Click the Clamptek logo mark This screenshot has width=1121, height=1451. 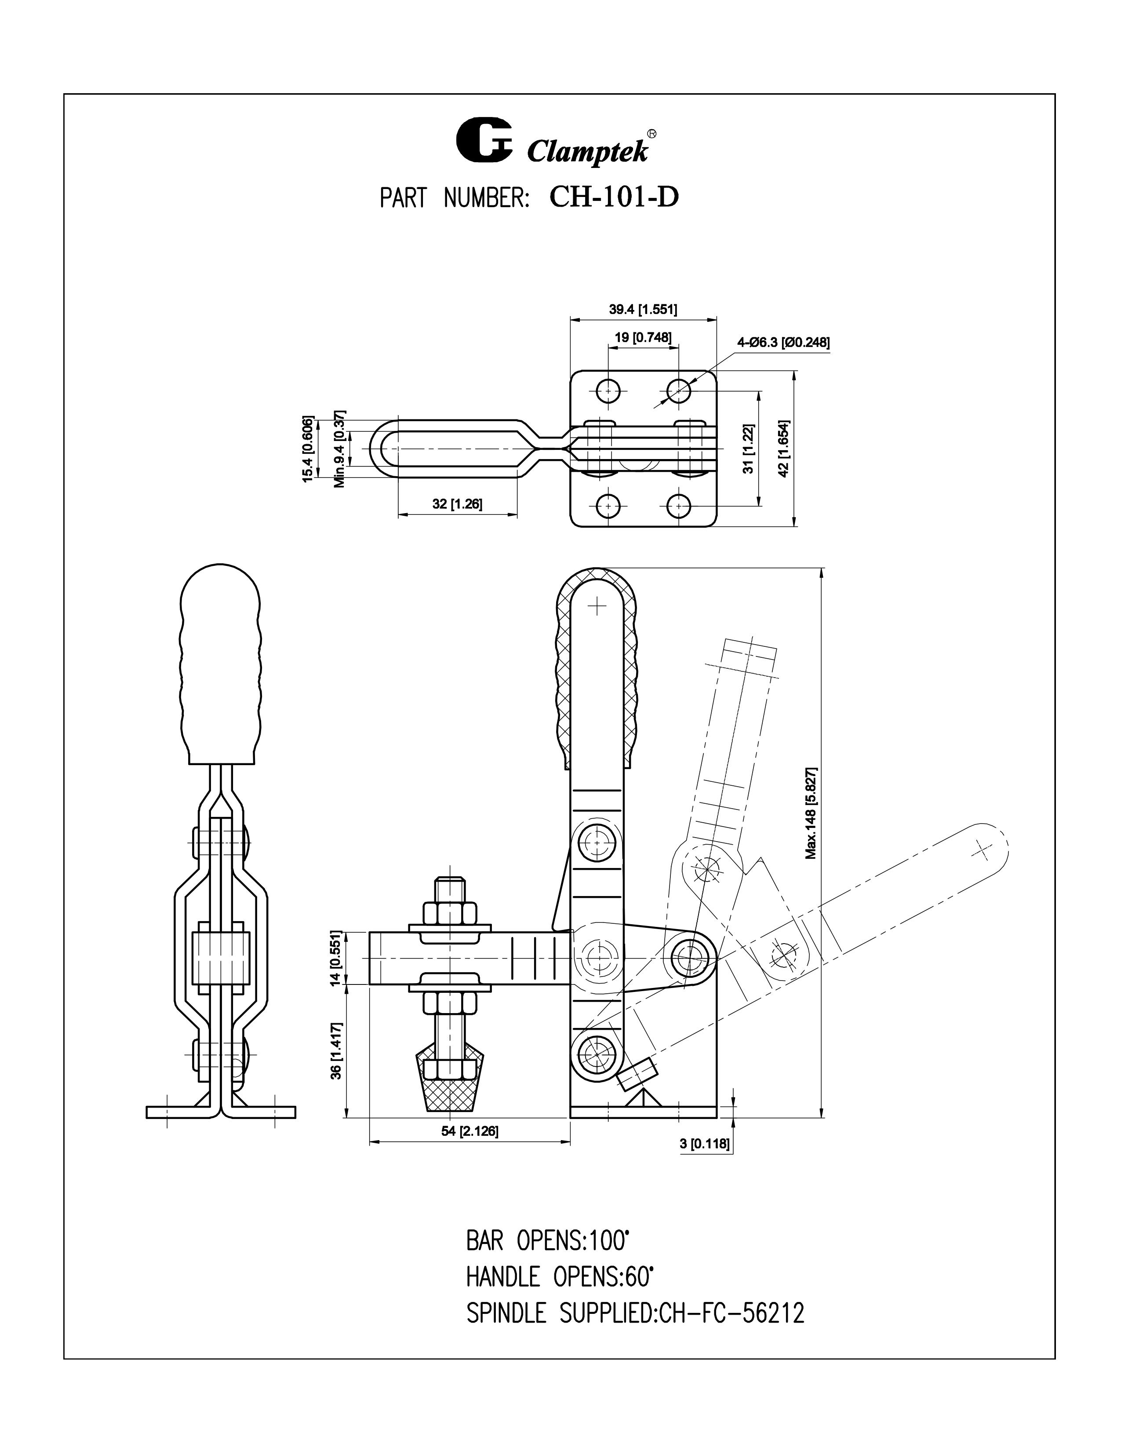484,140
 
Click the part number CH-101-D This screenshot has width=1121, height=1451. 614,197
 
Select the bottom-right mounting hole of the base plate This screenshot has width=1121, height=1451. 678,506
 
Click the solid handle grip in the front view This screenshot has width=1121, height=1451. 219,664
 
